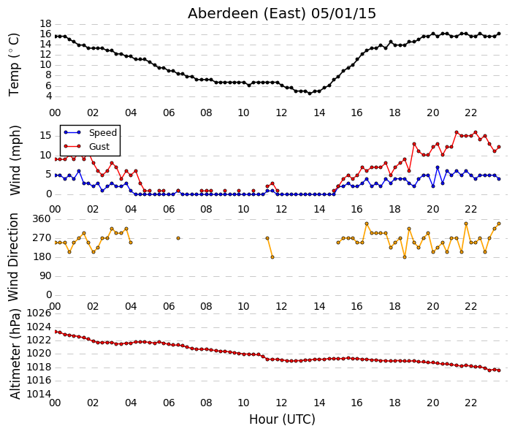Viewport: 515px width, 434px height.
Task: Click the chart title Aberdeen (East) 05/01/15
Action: click(282, 14)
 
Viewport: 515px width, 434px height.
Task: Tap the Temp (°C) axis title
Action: click(14, 65)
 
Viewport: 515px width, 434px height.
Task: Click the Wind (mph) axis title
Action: click(15, 160)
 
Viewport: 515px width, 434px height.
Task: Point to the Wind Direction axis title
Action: click(13, 257)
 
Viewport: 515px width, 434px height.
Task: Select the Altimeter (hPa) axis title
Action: click(15, 354)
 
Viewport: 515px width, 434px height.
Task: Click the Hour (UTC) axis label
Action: click(282, 419)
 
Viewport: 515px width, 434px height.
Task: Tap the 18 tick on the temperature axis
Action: click(45, 23)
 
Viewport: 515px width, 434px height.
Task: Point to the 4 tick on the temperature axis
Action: click(49, 96)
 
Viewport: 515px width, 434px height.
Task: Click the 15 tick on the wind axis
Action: click(45, 136)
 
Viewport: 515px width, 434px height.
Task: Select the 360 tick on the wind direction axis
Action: click(42, 219)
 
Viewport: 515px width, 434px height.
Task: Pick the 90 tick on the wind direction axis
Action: click(45, 276)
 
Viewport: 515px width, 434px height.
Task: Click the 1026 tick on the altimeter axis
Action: click(39, 313)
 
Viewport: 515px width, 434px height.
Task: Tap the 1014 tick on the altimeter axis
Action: click(39, 394)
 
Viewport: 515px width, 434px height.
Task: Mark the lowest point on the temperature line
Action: click(310, 94)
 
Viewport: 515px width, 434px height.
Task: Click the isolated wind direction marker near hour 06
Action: click(178, 238)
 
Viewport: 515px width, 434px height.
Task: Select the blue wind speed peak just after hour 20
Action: click(438, 167)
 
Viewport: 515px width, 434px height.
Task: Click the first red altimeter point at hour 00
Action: click(56, 332)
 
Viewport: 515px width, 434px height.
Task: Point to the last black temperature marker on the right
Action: click(499, 34)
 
